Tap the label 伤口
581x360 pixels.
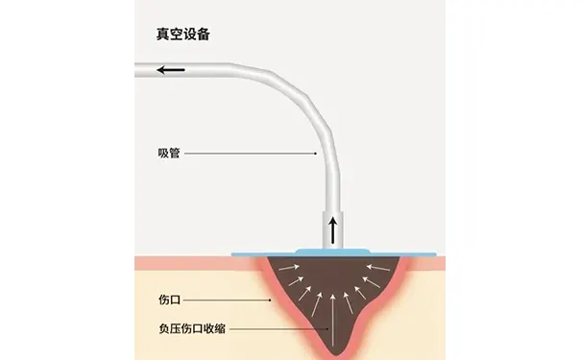168,300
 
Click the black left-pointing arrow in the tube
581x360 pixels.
172,69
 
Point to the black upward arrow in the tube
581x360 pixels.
333,229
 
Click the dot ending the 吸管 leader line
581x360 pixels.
314,154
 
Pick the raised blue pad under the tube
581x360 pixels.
332,251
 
